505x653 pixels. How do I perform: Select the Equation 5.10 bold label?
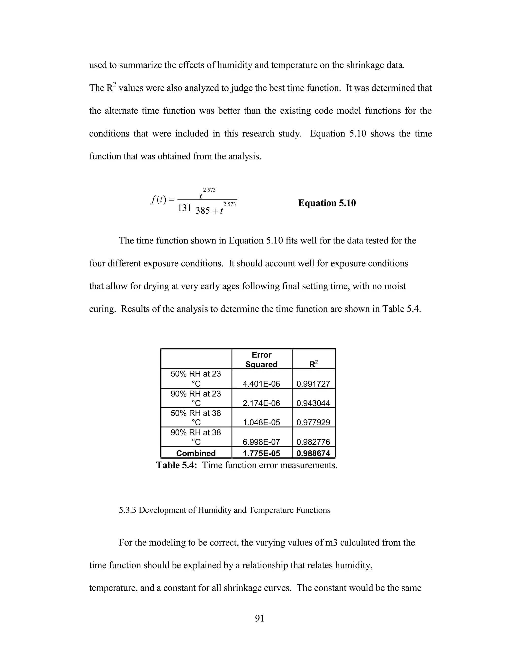327,203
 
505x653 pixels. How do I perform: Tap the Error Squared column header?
261,359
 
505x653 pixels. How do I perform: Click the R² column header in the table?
313,364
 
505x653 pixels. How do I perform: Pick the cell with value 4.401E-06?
261,384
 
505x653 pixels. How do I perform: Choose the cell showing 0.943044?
313,403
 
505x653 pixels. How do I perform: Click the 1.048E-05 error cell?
261,422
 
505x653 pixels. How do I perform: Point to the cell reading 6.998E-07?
261,442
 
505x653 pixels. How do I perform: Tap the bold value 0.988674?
313,453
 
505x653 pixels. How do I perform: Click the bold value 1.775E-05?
261,453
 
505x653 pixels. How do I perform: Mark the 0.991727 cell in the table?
313,384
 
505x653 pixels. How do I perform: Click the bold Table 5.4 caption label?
177,465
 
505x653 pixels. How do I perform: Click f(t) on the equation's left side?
158,199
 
